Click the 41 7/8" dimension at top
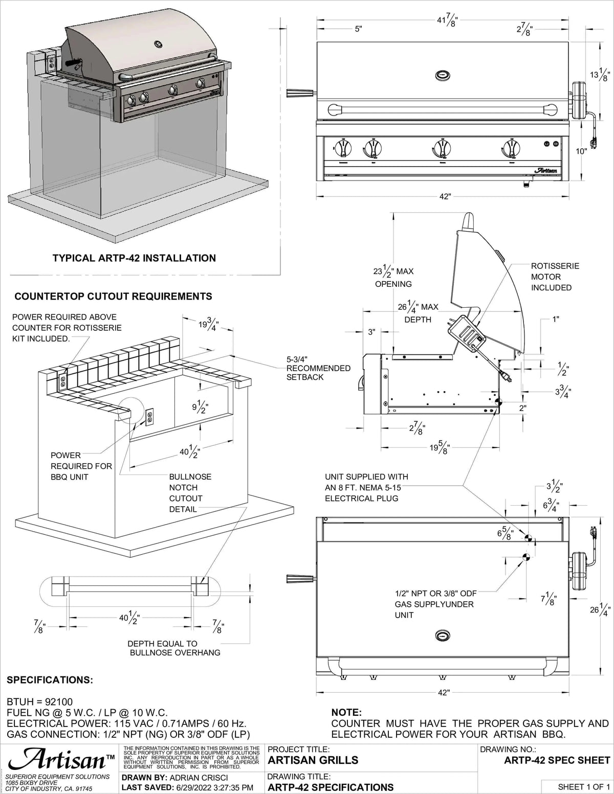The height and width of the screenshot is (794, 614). coord(446,21)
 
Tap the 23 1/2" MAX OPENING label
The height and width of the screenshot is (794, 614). coord(393,277)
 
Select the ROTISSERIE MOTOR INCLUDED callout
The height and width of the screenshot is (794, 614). coord(555,277)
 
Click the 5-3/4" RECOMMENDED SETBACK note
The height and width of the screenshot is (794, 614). coord(318,368)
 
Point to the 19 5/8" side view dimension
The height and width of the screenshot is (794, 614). coord(440,449)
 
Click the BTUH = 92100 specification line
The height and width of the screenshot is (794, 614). coord(40,702)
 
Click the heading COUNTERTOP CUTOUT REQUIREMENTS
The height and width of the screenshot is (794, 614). coord(113,296)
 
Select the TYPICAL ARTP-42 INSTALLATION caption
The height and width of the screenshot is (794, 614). coord(134,258)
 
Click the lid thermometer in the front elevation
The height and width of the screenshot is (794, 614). coord(443,76)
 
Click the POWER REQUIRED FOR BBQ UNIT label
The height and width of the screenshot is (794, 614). coord(81,466)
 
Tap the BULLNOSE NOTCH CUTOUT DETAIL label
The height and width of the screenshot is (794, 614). coord(190,493)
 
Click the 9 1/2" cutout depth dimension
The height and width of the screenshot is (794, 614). coord(199,407)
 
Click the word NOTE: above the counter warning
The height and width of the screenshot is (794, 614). coord(346,712)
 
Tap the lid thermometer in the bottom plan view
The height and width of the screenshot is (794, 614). coord(443,636)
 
